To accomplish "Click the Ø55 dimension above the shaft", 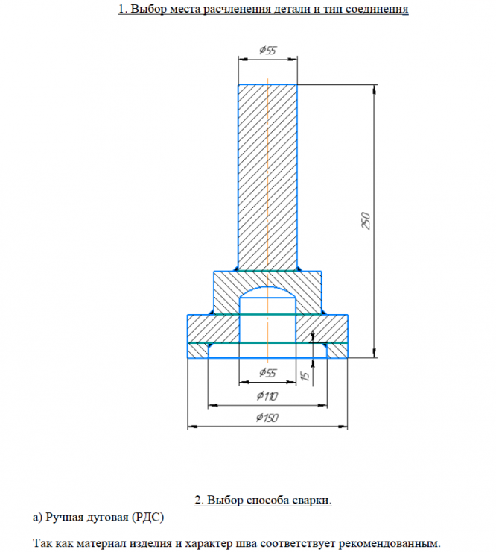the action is (268, 50).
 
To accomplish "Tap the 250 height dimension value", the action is (366, 221).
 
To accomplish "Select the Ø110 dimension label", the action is (267, 396).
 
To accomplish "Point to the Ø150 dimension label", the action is (267, 418).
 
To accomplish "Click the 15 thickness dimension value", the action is (305, 376).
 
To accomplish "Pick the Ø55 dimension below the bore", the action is (268, 373).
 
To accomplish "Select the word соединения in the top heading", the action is (377, 9).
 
